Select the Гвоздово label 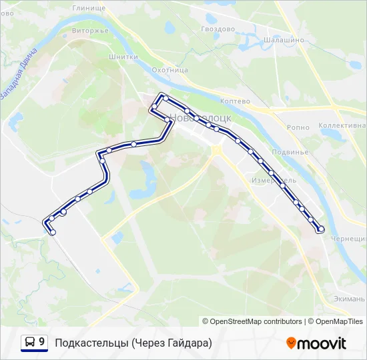click(218, 29)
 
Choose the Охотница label click(169, 69)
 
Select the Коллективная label click(342, 125)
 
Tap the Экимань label click(348, 298)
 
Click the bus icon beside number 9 click(30, 343)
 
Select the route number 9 click(42, 342)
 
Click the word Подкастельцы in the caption click(91, 343)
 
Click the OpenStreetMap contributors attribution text click(252, 321)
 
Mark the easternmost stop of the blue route click(321, 229)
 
